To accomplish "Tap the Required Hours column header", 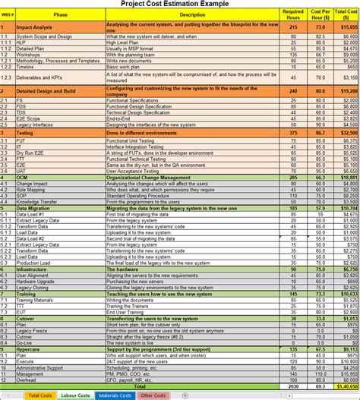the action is [293, 14].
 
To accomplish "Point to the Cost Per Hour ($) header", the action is [320, 14].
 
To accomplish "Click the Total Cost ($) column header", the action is [347, 14].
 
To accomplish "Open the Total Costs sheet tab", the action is [39, 395].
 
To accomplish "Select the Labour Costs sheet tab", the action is [75, 395].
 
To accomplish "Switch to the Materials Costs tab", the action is [115, 395].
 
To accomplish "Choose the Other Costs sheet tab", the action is [153, 395].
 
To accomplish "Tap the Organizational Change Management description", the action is [148, 177].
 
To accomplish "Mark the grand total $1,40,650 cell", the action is [347, 386].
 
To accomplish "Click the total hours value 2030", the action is [293, 386].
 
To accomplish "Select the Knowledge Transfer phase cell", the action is [37, 202].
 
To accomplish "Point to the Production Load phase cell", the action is [34, 263].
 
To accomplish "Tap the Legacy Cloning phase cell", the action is [33, 288].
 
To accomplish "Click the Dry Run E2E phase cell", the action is [30, 153].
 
